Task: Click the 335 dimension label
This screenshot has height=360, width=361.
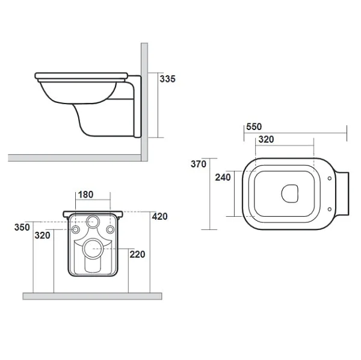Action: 167,79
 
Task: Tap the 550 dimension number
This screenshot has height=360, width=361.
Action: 254,126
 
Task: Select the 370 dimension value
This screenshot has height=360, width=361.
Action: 199,164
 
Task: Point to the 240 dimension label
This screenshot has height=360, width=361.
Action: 223,178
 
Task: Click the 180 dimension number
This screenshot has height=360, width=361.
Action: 85,194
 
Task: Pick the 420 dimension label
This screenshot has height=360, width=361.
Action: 160,217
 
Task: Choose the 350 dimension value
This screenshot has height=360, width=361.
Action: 22,228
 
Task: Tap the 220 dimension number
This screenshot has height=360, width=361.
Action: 137,255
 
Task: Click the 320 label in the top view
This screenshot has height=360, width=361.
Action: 266,139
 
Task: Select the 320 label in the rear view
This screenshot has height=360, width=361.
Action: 42,235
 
